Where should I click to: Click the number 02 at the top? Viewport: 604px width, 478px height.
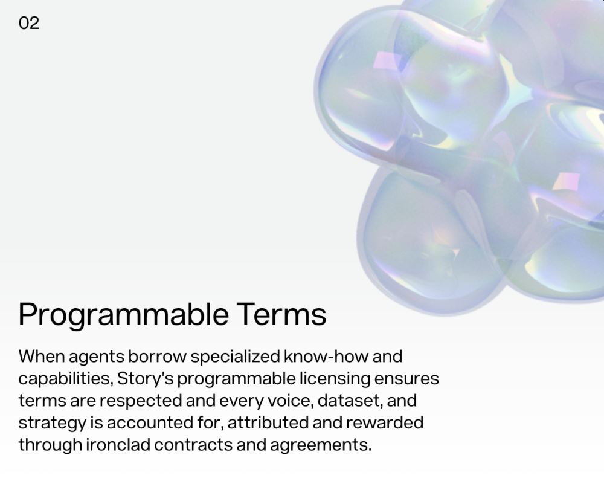[29, 23]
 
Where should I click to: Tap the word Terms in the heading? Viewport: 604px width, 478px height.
[281, 314]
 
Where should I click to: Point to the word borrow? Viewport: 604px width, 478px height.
[157, 356]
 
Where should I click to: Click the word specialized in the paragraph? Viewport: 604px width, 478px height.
[235, 357]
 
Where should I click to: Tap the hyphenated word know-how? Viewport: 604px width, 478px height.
[326, 356]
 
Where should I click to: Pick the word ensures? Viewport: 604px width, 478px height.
[406, 379]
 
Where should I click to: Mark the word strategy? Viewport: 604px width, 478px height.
[53, 424]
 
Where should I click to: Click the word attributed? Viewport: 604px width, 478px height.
[268, 422]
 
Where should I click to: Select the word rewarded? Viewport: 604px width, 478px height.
[385, 422]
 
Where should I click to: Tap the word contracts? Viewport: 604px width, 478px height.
[193, 445]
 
